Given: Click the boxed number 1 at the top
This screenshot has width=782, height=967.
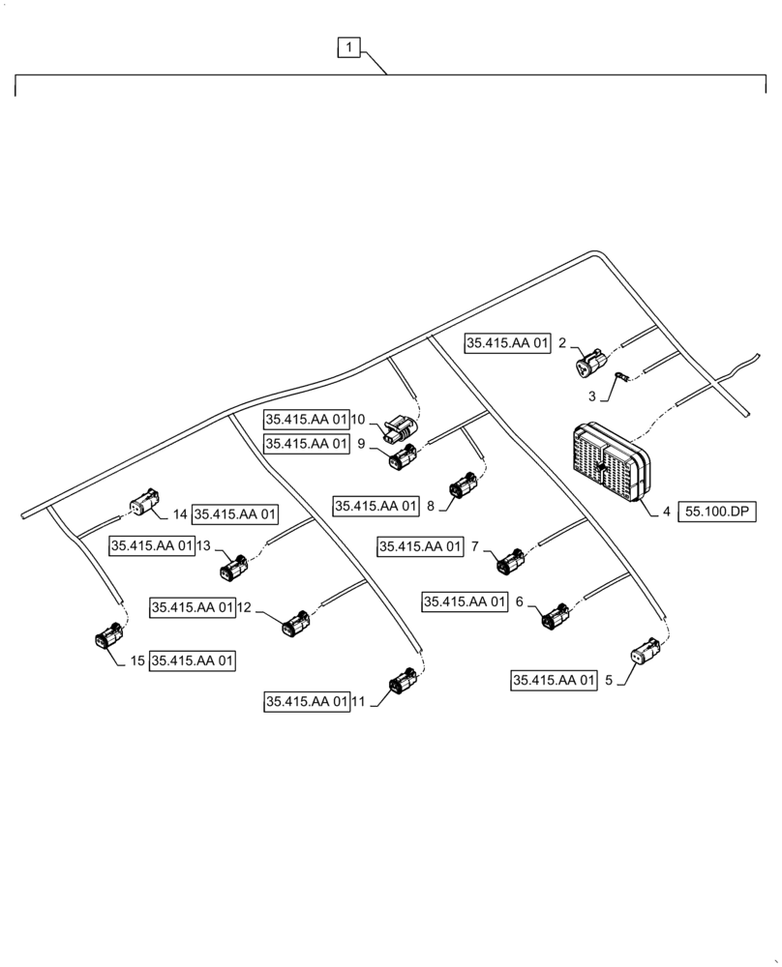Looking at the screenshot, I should [x=349, y=46].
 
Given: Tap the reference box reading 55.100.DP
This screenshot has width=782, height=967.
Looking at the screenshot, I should [x=719, y=513].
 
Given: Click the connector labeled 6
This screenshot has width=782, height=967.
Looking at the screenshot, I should [x=556, y=615].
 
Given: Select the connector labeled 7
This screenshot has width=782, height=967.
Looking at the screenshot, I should [x=509, y=560].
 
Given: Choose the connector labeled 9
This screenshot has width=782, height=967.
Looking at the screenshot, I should [x=402, y=457].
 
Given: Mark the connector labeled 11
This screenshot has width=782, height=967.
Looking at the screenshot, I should [x=402, y=686].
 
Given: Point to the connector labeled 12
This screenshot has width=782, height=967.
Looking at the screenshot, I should [x=294, y=624].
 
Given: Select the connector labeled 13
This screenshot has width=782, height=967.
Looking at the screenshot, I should [x=233, y=569].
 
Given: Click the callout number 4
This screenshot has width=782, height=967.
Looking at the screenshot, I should [x=667, y=513].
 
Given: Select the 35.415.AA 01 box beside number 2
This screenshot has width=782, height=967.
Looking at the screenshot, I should [x=507, y=342].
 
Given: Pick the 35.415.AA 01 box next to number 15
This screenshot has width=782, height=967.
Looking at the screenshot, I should [x=193, y=661].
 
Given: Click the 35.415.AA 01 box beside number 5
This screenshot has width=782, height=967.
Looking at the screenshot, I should [x=554, y=681].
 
